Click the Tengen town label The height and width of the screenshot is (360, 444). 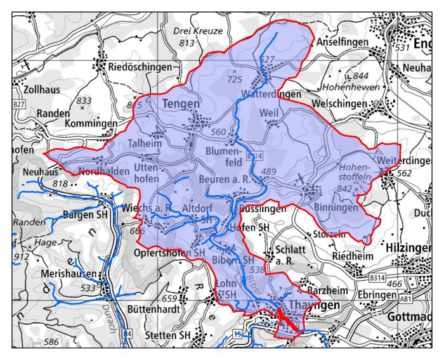coord(181,103)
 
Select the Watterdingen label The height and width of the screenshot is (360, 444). coord(271,94)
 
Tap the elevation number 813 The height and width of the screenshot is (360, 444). coord(186,43)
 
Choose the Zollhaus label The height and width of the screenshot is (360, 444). coord(39,89)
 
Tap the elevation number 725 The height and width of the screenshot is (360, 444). coord(235,79)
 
